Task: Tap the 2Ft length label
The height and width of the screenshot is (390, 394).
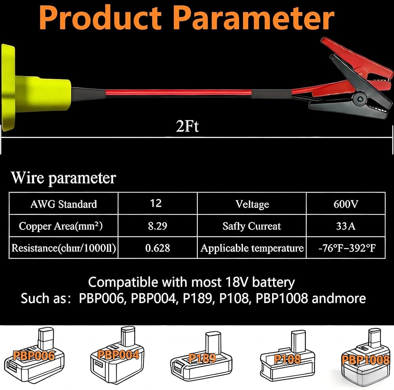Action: point(188,127)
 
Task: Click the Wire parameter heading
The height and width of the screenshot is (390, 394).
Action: point(63,178)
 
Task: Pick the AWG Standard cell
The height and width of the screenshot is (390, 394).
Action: point(63,204)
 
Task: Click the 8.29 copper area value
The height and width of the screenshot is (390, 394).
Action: point(156,226)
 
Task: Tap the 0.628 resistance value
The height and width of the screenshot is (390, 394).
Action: point(156,248)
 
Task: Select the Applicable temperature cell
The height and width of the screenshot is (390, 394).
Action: point(252,248)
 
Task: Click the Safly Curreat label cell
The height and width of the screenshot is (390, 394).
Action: point(252,226)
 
